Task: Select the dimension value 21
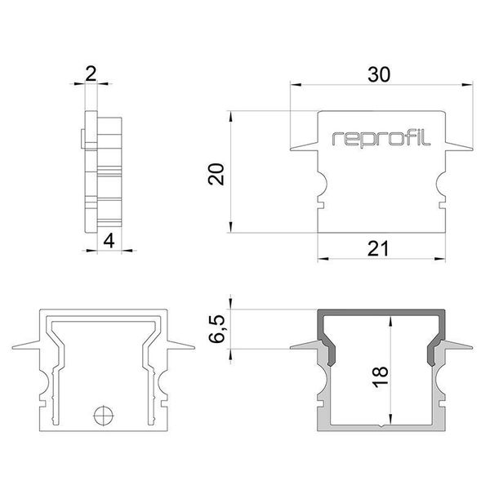[x=377, y=249]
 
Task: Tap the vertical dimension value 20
[x=216, y=174]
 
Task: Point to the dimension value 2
[x=91, y=73]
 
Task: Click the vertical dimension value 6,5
[x=216, y=327]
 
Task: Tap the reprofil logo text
[x=377, y=139]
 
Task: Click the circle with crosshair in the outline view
[x=102, y=415]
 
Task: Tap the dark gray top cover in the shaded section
[x=381, y=315]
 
